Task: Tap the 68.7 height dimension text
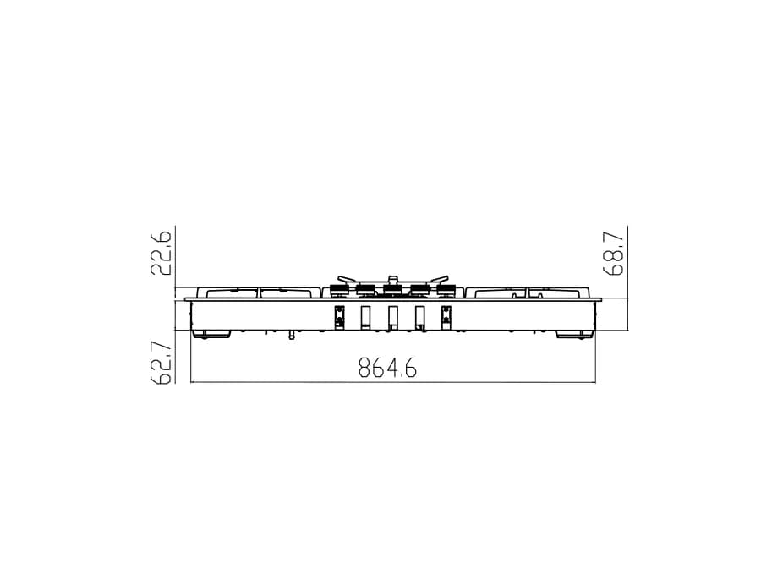[x=614, y=254]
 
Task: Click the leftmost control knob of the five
[x=338, y=290]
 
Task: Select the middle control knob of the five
[x=392, y=290]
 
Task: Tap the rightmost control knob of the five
[x=446, y=290]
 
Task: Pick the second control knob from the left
[x=365, y=290]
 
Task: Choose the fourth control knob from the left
[x=419, y=290]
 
